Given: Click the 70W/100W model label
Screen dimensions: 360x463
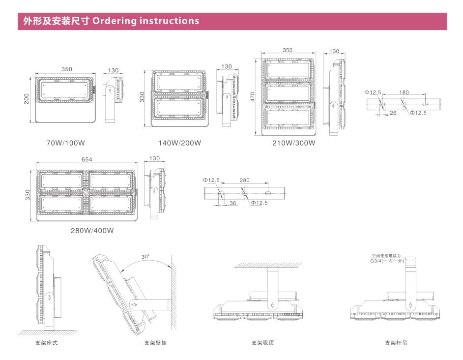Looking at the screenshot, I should [x=66, y=143].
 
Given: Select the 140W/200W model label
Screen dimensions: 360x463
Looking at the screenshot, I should [x=179, y=143].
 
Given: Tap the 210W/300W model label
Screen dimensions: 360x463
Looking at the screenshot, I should [x=294, y=144].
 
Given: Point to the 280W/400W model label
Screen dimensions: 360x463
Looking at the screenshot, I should [x=92, y=230].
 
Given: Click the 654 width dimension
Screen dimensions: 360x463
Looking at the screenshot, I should [x=87, y=159].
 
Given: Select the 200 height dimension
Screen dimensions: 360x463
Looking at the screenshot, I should [x=27, y=99].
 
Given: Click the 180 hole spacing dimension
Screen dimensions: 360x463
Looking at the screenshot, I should [x=404, y=92].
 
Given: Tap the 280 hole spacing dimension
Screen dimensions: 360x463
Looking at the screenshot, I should [x=245, y=180].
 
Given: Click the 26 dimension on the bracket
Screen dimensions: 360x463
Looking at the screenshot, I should [x=393, y=113].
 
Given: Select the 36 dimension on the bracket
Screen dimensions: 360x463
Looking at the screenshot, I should [x=233, y=203].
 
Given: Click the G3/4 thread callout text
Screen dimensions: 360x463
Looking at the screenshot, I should [x=387, y=261].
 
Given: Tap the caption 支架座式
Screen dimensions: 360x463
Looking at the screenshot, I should [x=46, y=343].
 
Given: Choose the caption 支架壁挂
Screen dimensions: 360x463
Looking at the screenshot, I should [x=155, y=343].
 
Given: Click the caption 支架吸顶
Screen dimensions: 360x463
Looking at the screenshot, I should [x=262, y=343].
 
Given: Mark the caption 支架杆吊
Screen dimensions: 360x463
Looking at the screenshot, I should [x=396, y=343].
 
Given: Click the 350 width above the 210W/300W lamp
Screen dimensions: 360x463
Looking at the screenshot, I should [x=288, y=50].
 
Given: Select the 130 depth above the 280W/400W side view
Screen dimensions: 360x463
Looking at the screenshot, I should [x=155, y=158].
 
